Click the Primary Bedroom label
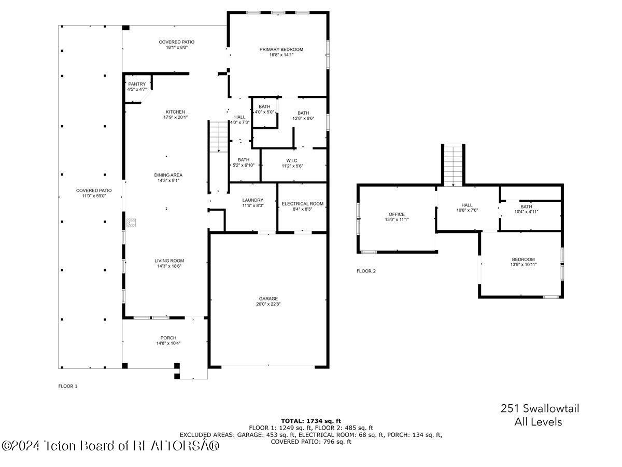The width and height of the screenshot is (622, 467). pyautogui.click(x=281, y=50)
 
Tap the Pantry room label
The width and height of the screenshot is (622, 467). pyautogui.click(x=137, y=84)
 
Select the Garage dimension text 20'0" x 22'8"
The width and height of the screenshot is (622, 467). pyautogui.click(x=268, y=305)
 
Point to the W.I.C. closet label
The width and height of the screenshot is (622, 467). pyautogui.click(x=292, y=160)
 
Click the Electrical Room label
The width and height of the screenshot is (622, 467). pyautogui.click(x=302, y=204)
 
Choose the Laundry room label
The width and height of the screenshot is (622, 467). pyautogui.click(x=252, y=200)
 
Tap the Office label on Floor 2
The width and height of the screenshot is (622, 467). pyautogui.click(x=397, y=214)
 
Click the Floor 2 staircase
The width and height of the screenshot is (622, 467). pyautogui.click(x=454, y=165)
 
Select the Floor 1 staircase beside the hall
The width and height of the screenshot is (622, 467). pyautogui.click(x=219, y=136)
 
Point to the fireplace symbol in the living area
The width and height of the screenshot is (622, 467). pyautogui.click(x=132, y=223)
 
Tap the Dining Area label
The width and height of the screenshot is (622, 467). pyautogui.click(x=168, y=175)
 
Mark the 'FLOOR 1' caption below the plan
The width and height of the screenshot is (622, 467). pyautogui.click(x=67, y=386)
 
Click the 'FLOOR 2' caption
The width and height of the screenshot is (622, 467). pyautogui.click(x=366, y=271)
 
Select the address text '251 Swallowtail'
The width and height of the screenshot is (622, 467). pyautogui.click(x=540, y=409)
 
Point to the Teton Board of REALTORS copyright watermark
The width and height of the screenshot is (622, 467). pyautogui.click(x=111, y=445)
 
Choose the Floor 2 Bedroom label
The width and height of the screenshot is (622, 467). pyautogui.click(x=523, y=259)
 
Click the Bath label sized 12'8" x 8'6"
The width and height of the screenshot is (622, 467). pyautogui.click(x=303, y=113)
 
